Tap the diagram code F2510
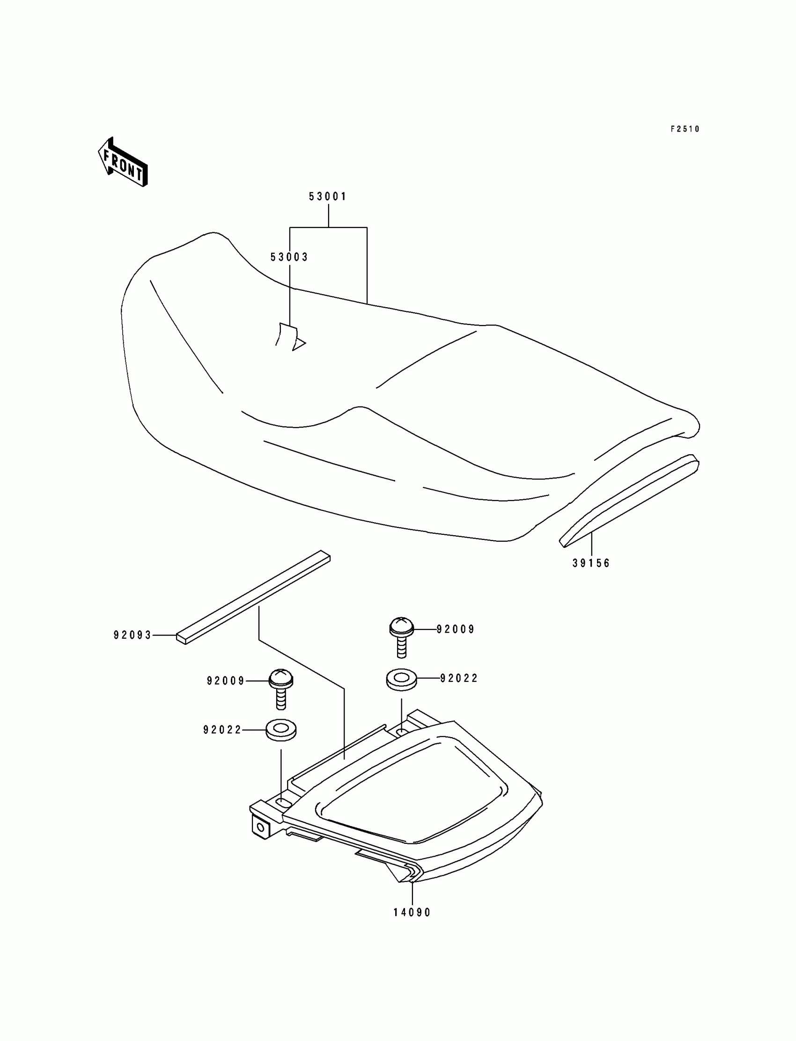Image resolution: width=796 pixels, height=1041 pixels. pos(685,129)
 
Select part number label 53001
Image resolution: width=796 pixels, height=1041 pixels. pos(328,197)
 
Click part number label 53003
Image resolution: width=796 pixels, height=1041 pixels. pos(289,257)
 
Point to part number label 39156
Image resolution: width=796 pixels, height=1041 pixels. pos(591,563)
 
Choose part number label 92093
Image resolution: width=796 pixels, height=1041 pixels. pos(132,635)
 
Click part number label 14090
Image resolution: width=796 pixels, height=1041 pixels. pos(412,913)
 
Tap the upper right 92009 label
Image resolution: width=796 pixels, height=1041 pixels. pos(455,629)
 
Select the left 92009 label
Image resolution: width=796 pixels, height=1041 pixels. pos(226,681)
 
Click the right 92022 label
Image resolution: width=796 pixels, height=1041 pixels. pos(459,679)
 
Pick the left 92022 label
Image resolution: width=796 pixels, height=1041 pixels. pos(222,730)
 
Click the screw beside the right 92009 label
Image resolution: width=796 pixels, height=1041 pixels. pos(401,636)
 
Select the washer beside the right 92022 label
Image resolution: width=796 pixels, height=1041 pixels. pos(402,679)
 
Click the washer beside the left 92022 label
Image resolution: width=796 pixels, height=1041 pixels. pos(281,730)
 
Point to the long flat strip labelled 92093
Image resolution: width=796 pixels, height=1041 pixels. pos(253,597)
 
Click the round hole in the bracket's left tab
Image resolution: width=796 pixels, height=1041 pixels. pos(260,827)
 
